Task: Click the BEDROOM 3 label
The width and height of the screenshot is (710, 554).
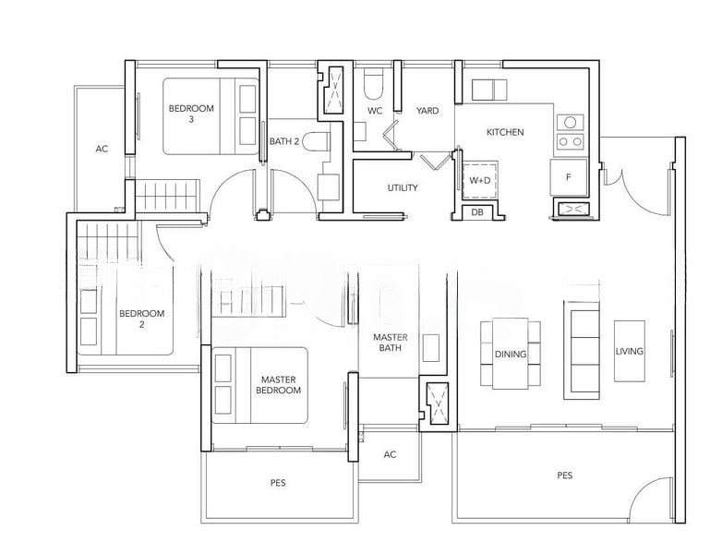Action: [x=191, y=114]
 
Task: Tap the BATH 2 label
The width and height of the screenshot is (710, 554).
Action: [x=284, y=141]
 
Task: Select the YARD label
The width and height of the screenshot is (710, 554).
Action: [x=427, y=111]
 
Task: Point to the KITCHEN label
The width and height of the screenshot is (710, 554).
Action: [x=505, y=132]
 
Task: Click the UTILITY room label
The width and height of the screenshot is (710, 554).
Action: [x=403, y=187]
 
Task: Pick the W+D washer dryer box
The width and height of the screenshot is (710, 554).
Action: [x=479, y=180]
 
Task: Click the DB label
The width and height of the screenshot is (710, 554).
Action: [x=477, y=212]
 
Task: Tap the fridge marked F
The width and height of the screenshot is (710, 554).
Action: [x=569, y=177]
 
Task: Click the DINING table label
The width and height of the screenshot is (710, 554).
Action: [x=511, y=355]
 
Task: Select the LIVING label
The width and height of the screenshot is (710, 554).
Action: [x=630, y=351]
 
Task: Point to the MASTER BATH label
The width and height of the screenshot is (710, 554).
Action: [x=391, y=343]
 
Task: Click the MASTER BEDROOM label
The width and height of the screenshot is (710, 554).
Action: [x=278, y=385]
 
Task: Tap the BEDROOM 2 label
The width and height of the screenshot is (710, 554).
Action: [x=142, y=319]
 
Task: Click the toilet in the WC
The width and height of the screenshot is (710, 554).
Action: [x=374, y=84]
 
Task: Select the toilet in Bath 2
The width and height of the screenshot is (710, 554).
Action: [x=316, y=142]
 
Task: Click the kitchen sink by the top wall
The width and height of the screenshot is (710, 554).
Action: [x=489, y=90]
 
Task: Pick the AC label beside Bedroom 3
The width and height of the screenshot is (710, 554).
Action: [x=102, y=149]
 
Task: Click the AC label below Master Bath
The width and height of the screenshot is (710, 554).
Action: [x=390, y=454]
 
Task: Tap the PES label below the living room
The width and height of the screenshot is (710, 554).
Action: [x=565, y=476]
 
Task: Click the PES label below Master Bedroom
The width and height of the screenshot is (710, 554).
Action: [x=278, y=483]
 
